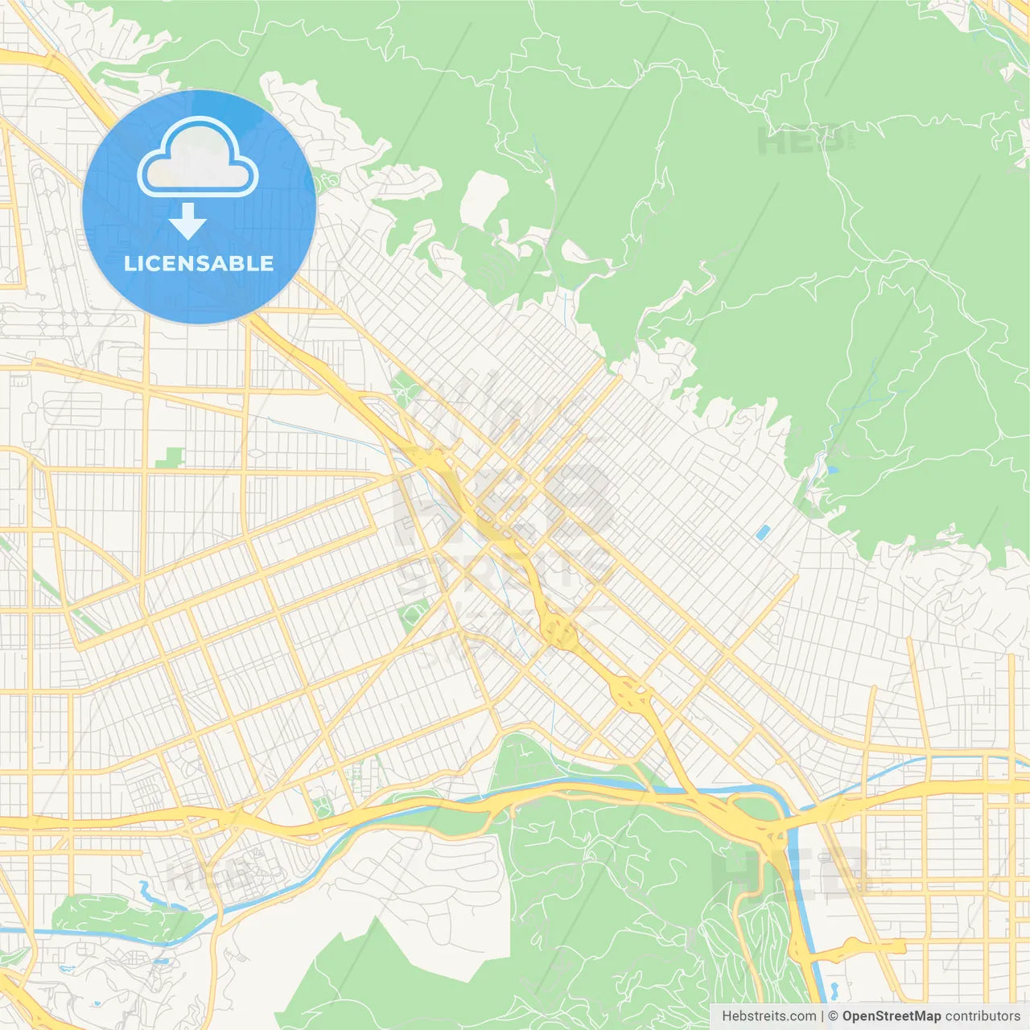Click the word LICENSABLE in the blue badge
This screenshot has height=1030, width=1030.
pos(199,263)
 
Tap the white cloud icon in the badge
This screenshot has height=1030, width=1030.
pos(198,159)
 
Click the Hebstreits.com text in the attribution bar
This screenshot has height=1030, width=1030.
pos(768,1016)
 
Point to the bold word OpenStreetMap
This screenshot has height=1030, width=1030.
pos(891,1016)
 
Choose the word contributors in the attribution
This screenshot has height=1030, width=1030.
pos(983,1016)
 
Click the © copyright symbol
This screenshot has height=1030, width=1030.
pos(834,1016)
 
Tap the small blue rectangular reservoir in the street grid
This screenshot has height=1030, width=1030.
pos(762,532)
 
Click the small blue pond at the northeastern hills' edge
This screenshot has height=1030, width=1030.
pos(832,468)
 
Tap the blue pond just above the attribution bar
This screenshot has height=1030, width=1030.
pos(834,989)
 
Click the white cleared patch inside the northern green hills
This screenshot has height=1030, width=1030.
pos(484,198)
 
